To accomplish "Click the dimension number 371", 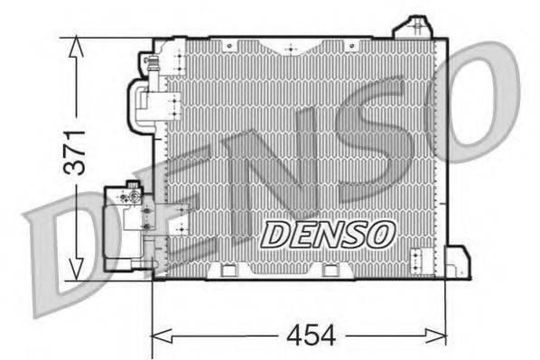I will tap(78, 151).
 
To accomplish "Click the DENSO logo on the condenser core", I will tap(328, 233).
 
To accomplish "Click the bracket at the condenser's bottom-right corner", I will tap(459, 262).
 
